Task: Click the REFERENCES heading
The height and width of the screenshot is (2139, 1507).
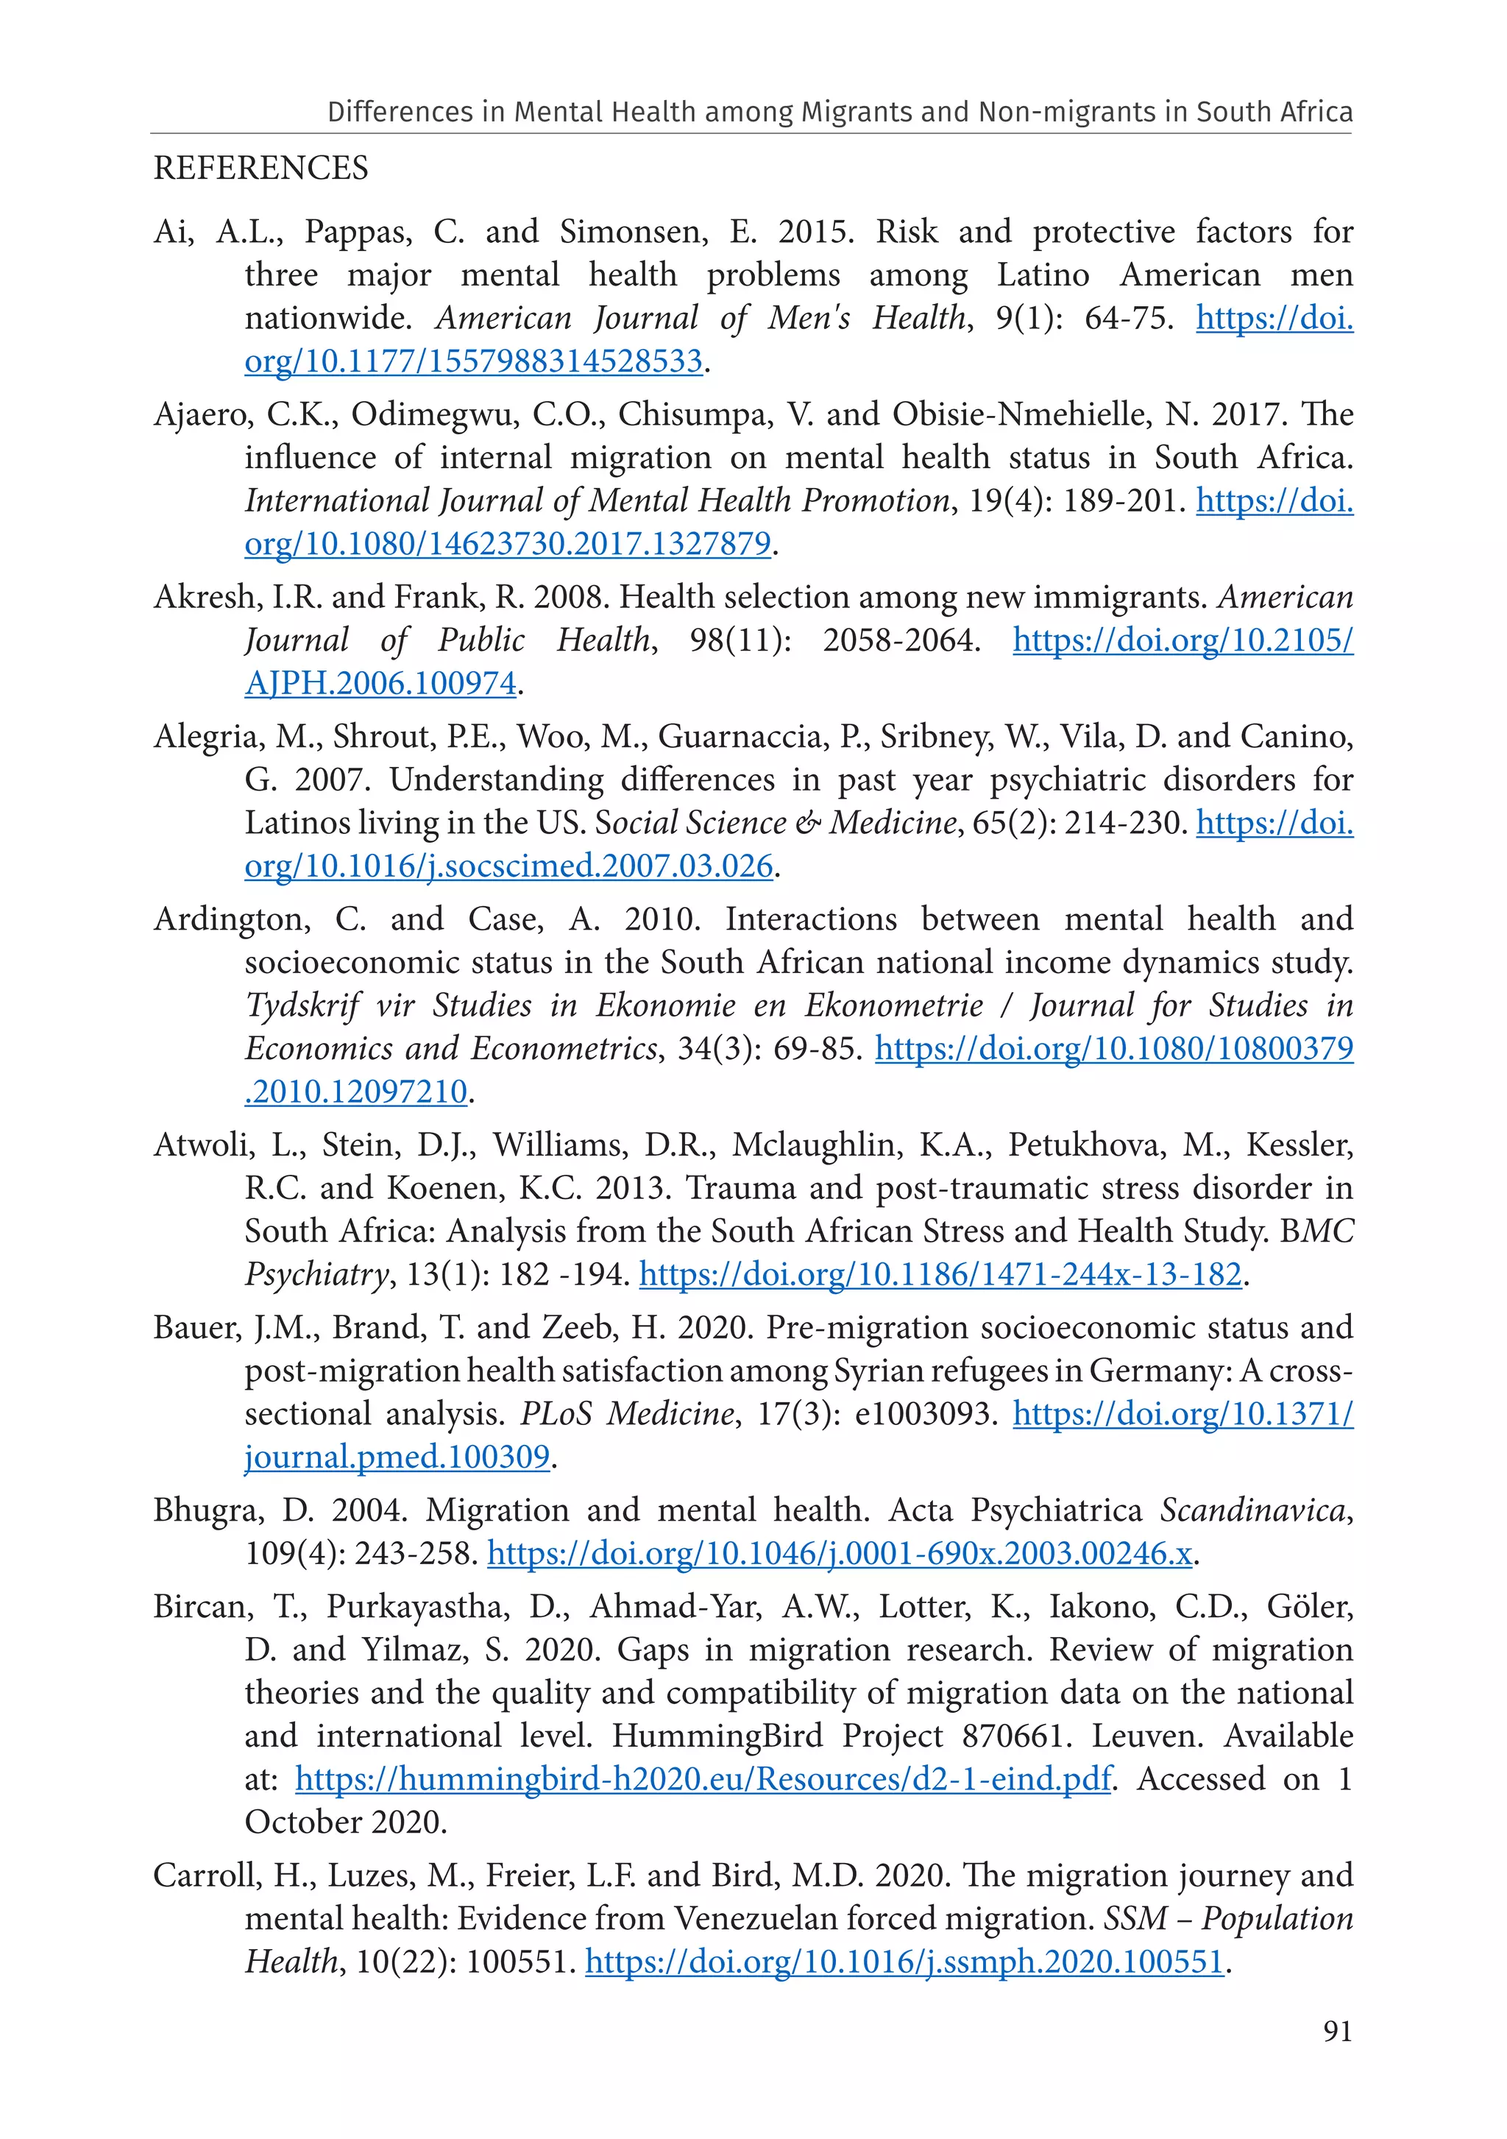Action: coord(260,169)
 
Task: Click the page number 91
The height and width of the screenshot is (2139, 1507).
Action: coord(1336,2031)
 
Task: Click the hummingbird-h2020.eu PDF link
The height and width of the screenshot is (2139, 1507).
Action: coord(703,1779)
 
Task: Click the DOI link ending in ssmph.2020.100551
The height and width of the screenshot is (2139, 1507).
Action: coord(904,1962)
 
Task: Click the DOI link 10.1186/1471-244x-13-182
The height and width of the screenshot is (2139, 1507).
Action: coord(940,1274)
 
